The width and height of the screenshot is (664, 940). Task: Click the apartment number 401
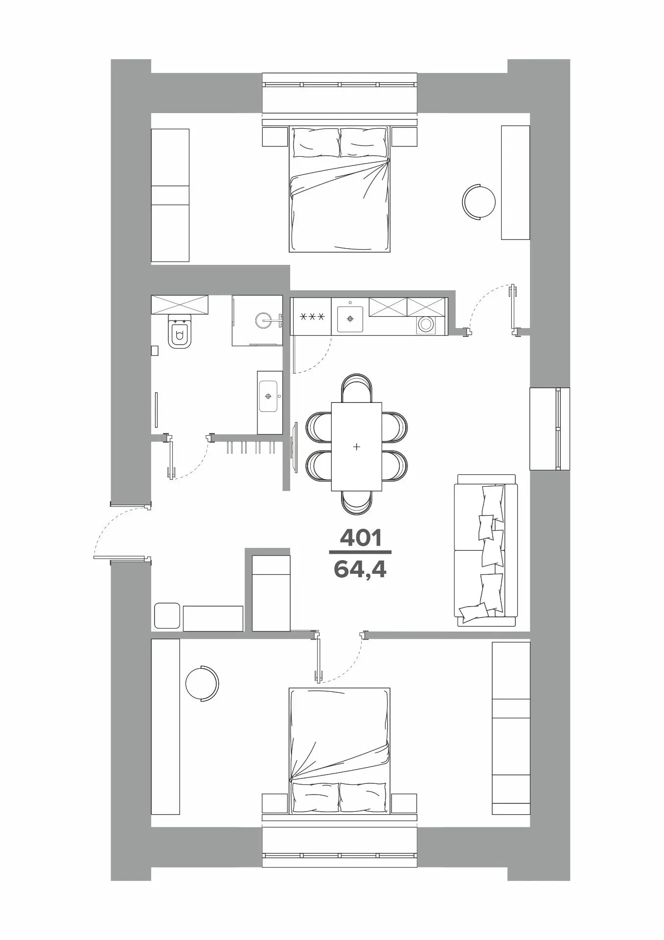tap(360, 539)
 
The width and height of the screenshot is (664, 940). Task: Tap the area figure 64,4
tap(360, 569)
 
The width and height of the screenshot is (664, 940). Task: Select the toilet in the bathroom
tap(180, 331)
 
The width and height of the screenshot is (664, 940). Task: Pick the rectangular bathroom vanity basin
tap(270, 396)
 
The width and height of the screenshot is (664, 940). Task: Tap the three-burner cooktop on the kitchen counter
tap(311, 316)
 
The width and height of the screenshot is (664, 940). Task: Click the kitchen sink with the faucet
tap(350, 319)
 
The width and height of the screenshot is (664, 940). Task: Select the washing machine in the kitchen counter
tap(425, 324)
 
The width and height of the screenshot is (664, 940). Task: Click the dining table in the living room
tap(357, 446)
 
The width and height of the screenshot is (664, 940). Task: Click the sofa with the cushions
tap(486, 550)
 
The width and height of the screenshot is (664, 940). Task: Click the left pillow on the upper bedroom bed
tap(316, 142)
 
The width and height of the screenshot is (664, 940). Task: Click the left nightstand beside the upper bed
tap(275, 137)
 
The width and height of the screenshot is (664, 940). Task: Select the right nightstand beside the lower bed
tap(404, 804)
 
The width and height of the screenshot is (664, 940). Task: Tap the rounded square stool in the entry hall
tap(167, 616)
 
